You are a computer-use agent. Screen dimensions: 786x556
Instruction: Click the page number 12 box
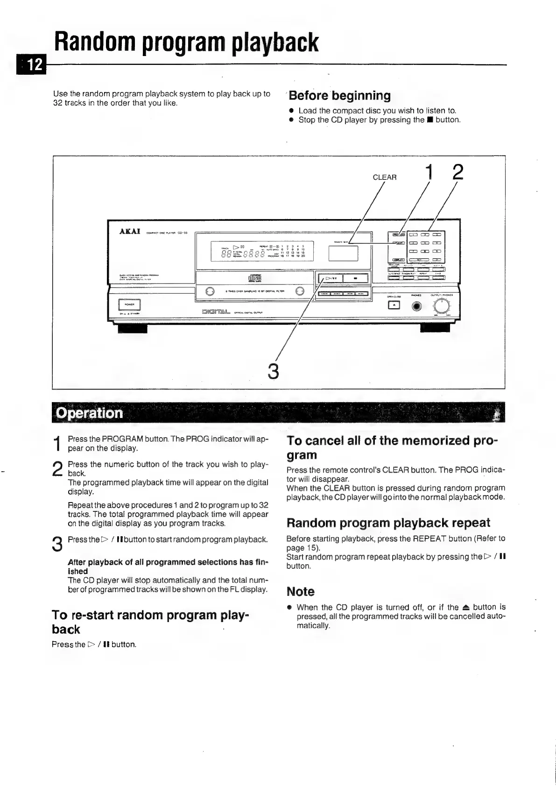[31, 64]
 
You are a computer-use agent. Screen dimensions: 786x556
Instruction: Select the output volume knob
[442, 306]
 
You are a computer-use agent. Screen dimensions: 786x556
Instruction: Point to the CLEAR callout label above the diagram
[385, 177]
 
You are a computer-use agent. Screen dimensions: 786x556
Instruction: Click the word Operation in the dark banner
[89, 413]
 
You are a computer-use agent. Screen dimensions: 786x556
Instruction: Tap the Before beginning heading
[339, 96]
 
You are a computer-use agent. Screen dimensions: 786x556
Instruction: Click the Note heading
[300, 592]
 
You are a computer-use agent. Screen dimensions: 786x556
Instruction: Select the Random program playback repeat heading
[388, 523]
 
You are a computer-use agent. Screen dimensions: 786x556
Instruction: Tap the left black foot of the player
[132, 328]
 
